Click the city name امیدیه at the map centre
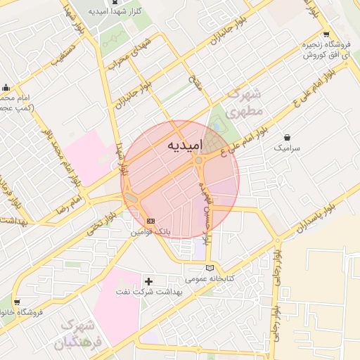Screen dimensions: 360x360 [184, 144]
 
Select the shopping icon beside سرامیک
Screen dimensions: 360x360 [287, 137]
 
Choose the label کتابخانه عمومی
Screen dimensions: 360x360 [209, 278]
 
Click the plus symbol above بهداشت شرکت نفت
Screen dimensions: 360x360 [148, 281]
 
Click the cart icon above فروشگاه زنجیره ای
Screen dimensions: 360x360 [325, 34]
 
